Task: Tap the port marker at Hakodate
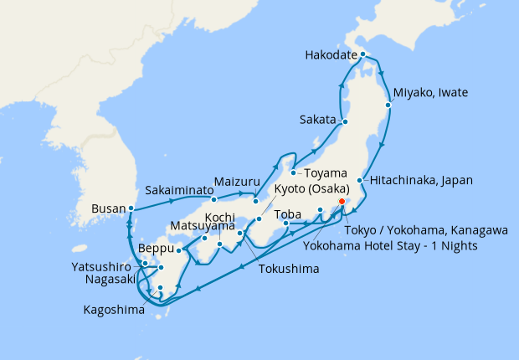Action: pyautogui.click(x=362, y=54)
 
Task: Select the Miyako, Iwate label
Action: pyautogui.click(x=431, y=92)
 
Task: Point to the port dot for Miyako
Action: pyautogui.click(x=388, y=105)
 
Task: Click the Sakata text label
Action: pyautogui.click(x=316, y=120)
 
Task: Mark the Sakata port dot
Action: pyautogui.click(x=346, y=121)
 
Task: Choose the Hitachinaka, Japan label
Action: pyautogui.click(x=421, y=180)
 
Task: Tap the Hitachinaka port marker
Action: pyautogui.click(x=360, y=180)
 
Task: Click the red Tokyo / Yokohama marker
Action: pyautogui.click(x=342, y=202)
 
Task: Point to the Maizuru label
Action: pyautogui.click(x=238, y=181)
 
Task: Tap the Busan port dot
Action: pyautogui.click(x=131, y=208)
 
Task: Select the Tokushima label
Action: pyautogui.click(x=288, y=270)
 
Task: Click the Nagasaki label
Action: pyautogui.click(x=106, y=280)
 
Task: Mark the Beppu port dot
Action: pyautogui.click(x=179, y=250)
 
